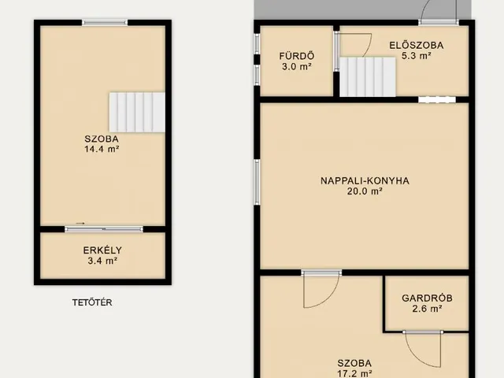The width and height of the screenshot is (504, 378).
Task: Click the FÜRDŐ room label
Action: (x=297, y=56)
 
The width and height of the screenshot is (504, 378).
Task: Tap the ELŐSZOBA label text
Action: (x=417, y=46)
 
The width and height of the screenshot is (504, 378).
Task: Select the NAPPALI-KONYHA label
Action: (x=365, y=180)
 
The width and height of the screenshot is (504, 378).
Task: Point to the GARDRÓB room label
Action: (x=427, y=298)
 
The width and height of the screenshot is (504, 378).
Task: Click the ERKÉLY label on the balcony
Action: (x=102, y=250)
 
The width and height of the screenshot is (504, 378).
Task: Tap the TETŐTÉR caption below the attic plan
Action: (x=92, y=302)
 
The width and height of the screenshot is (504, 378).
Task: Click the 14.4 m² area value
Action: (x=102, y=149)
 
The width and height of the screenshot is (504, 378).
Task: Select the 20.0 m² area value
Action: (x=365, y=191)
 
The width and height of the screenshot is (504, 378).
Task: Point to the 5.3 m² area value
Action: (x=417, y=56)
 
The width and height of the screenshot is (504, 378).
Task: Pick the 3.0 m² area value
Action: (x=297, y=66)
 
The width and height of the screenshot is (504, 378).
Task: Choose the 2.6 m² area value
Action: (x=427, y=309)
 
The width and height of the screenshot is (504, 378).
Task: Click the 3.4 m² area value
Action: (x=102, y=261)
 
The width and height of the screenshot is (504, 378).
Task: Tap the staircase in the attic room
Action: (x=137, y=112)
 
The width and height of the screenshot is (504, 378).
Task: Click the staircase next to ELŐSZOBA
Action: (x=368, y=77)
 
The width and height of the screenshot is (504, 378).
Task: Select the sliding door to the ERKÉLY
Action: (x=104, y=229)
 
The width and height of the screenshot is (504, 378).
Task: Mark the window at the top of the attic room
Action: (x=105, y=23)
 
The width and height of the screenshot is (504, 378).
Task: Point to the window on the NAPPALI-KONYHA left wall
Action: (x=257, y=182)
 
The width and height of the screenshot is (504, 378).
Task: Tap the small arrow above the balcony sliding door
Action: (x=80, y=223)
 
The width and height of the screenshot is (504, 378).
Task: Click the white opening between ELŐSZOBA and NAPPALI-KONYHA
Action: (x=437, y=100)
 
